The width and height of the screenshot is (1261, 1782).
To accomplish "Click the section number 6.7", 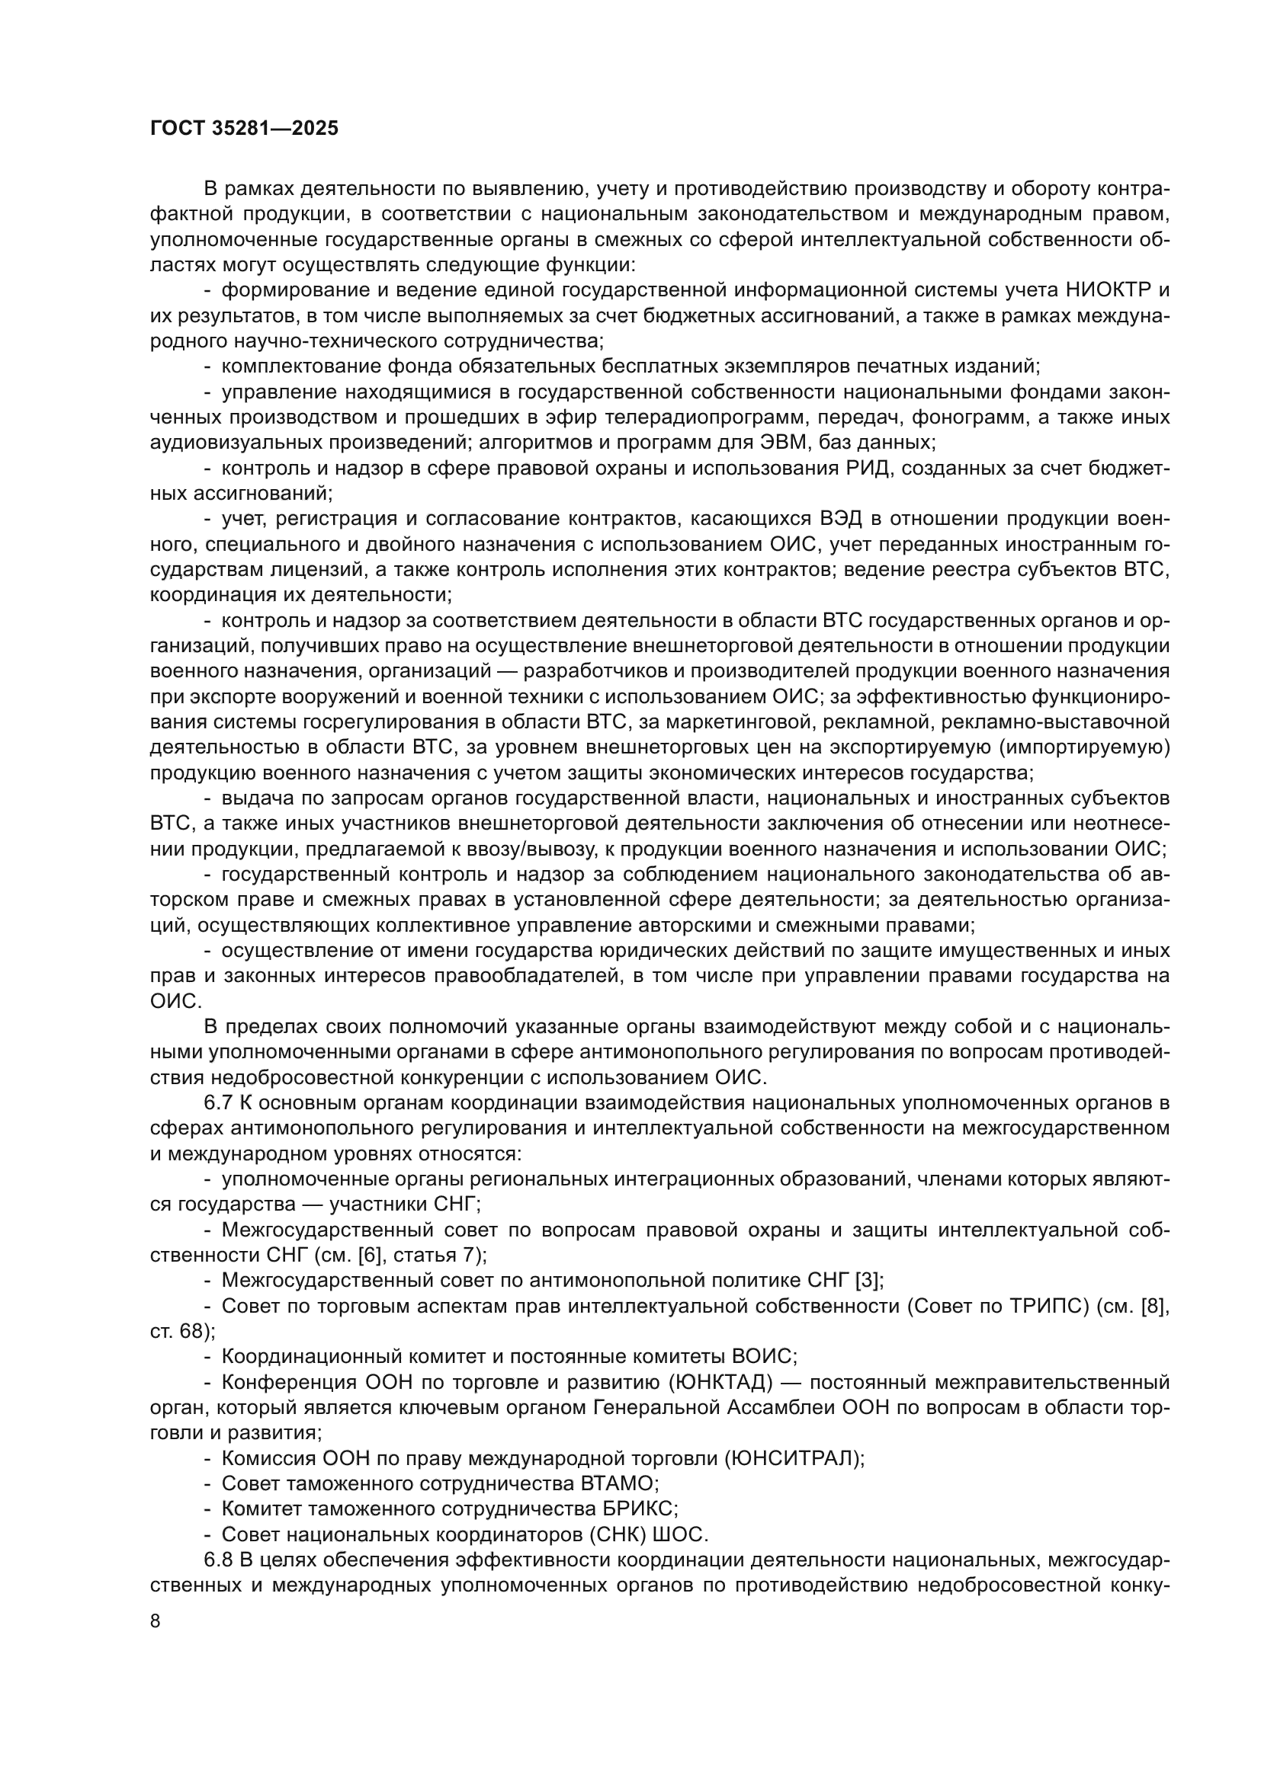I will pyautogui.click(x=218, y=1103).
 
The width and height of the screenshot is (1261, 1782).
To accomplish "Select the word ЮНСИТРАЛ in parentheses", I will pyautogui.click(x=794, y=1458).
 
